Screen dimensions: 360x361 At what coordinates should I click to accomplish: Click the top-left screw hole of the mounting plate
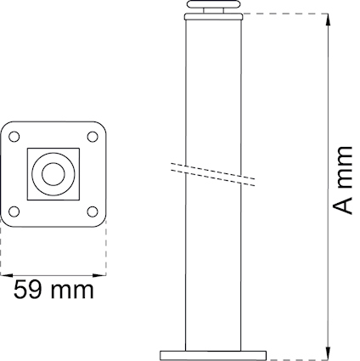click(x=14, y=137)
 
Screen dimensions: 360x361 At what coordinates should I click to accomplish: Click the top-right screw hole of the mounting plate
click(x=93, y=137)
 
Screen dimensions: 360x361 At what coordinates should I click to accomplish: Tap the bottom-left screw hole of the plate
click(x=14, y=212)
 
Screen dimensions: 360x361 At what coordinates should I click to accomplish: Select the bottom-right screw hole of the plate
click(x=93, y=212)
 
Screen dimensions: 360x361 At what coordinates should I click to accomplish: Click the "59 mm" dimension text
click(x=53, y=290)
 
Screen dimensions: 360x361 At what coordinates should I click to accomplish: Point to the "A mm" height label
click(x=342, y=180)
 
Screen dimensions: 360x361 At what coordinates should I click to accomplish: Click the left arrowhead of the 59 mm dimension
click(x=7, y=275)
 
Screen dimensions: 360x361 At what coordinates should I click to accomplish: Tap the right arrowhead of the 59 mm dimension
click(x=99, y=275)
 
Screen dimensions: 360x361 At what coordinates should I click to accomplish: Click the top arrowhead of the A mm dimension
click(x=328, y=20)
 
